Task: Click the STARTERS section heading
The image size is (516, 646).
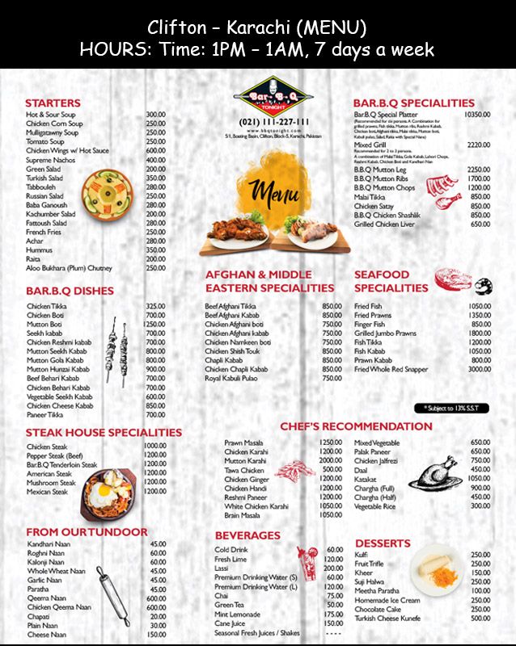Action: point(53,103)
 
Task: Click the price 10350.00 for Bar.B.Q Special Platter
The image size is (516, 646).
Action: point(477,115)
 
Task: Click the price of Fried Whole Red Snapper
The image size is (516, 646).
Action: point(480,369)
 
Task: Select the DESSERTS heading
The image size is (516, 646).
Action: point(383,543)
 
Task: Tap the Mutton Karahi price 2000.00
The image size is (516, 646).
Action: point(330,460)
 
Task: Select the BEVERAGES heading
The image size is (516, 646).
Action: point(247,535)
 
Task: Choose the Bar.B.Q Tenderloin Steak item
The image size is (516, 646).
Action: point(61,464)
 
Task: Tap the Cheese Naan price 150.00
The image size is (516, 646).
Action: point(157,635)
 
